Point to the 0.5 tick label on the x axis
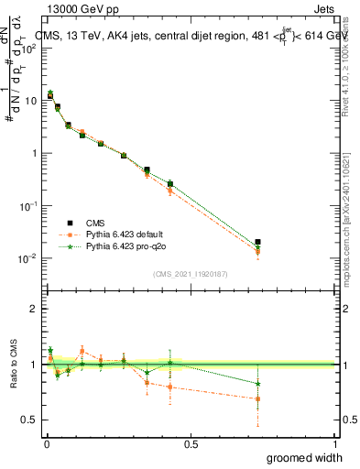[191, 442]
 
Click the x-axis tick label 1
[335, 442]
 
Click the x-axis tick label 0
[46, 442]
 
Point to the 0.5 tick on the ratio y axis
[28, 420]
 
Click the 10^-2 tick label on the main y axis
[27, 259]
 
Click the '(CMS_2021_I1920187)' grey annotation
[190, 273]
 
